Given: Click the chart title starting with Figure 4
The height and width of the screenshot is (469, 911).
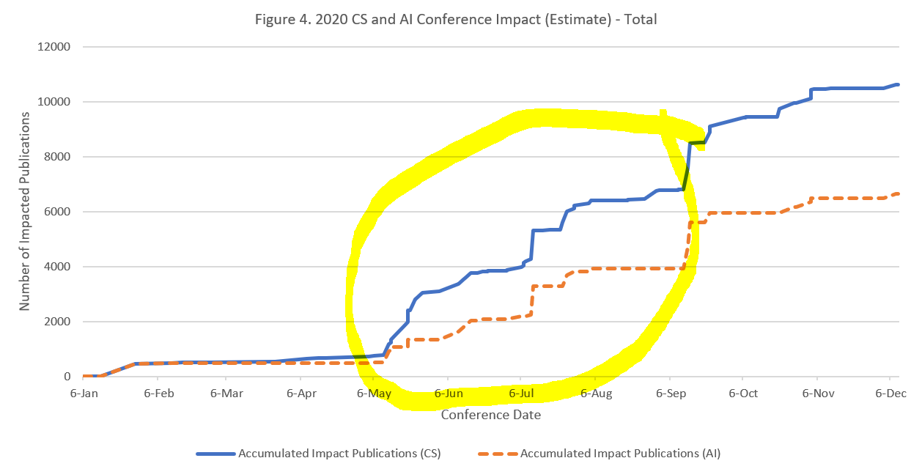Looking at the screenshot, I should tap(455, 19).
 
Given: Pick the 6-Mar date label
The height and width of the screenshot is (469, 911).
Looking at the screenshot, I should tap(226, 393).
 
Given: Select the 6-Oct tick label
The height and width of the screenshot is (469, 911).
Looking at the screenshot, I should tap(742, 393).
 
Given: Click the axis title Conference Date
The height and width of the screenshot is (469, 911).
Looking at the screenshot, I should tap(491, 416).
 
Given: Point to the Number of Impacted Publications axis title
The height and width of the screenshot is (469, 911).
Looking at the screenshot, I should tap(25, 211).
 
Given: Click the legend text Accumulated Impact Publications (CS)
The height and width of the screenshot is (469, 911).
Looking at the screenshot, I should tap(339, 453).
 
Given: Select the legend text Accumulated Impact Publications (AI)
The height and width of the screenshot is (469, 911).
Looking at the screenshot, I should tap(620, 453).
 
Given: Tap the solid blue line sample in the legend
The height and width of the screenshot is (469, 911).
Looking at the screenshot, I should tap(215, 453).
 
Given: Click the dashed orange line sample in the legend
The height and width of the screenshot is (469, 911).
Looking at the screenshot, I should tap(498, 453).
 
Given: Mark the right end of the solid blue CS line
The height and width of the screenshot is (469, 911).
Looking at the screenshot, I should tap(899, 84).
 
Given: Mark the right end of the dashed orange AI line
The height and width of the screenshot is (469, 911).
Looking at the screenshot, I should tap(899, 193).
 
